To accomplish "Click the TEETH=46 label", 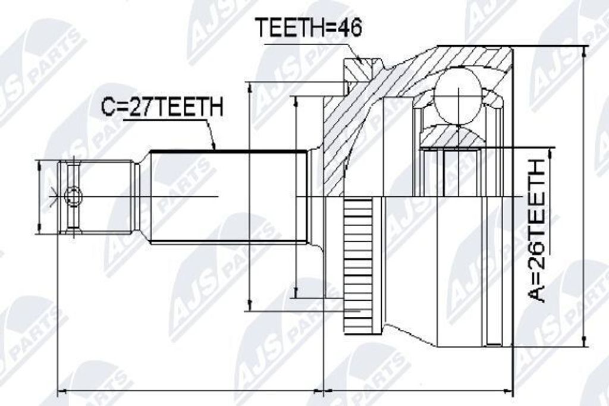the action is coord(309,27).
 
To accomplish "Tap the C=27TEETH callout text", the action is coord(162,107).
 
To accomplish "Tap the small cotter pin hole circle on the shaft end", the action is coord(73,196).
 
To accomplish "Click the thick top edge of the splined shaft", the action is coord(228,150).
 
